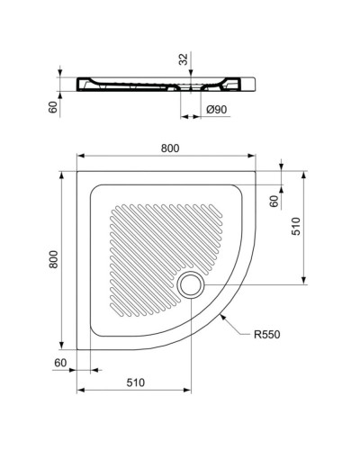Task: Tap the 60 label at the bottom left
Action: pyautogui.click(x=59, y=362)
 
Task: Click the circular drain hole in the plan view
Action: pyautogui.click(x=190, y=285)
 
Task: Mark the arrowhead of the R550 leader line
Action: pyautogui.click(x=222, y=314)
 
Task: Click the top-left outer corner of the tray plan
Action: pyautogui.click(x=78, y=170)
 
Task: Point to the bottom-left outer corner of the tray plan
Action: pyautogui.click(x=78, y=347)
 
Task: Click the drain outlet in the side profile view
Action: pyautogui.click(x=192, y=94)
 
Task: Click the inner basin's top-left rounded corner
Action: pyautogui.click(x=94, y=187)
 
